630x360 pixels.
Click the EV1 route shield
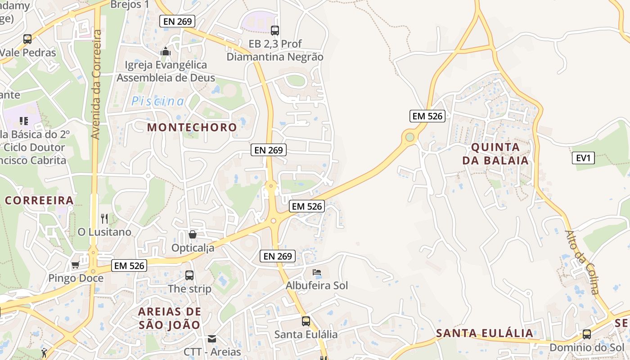coord(583,158)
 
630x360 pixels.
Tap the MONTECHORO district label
coord(192,127)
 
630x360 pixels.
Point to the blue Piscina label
coord(157,101)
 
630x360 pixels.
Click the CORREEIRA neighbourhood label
coord(39,201)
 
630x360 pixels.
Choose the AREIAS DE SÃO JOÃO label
coord(169,318)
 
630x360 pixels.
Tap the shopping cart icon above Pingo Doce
coord(76,265)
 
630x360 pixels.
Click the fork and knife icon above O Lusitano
coord(104,219)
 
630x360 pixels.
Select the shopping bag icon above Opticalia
coord(193,234)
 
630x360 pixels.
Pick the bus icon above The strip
coord(189,275)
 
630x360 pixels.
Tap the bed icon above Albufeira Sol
coord(317,272)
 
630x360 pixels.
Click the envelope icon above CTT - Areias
coord(212,338)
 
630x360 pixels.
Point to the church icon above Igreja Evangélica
coord(166,51)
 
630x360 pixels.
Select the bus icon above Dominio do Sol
coord(587,334)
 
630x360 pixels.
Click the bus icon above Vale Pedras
coord(27,39)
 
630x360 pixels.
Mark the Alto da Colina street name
coord(582,262)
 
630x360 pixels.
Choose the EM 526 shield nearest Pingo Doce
coord(129,265)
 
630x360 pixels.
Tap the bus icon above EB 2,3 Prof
coord(274,30)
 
